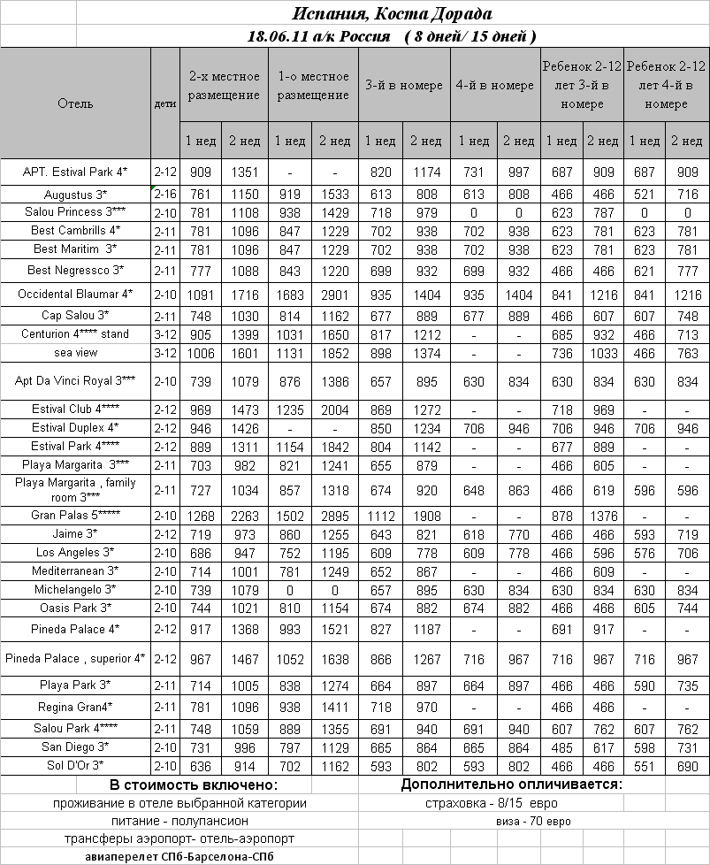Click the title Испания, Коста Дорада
pos(392,14)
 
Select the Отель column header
pos(75,103)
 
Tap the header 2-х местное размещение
pos(225,86)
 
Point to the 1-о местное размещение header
pos(313,86)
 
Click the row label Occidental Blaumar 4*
pos(75,294)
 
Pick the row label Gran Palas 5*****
pos(75,515)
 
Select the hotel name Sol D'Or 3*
pos(75,765)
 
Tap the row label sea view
pos(75,352)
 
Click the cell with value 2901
pos(335,294)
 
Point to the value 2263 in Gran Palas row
pos(244,515)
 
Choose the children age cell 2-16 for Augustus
pos(164,194)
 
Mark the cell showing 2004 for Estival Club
pos(335,410)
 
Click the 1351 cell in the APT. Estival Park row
pos(244,172)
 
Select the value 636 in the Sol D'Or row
pos(200,765)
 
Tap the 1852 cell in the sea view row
pos(335,352)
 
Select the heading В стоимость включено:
pos(194,785)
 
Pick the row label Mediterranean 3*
pos(75,571)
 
